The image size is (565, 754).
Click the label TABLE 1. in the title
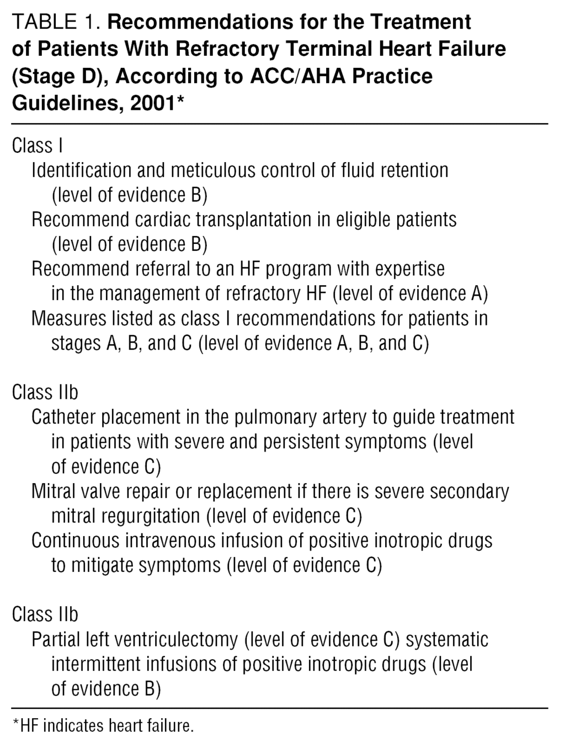coord(56,22)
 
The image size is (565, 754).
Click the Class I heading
coord(37,146)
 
